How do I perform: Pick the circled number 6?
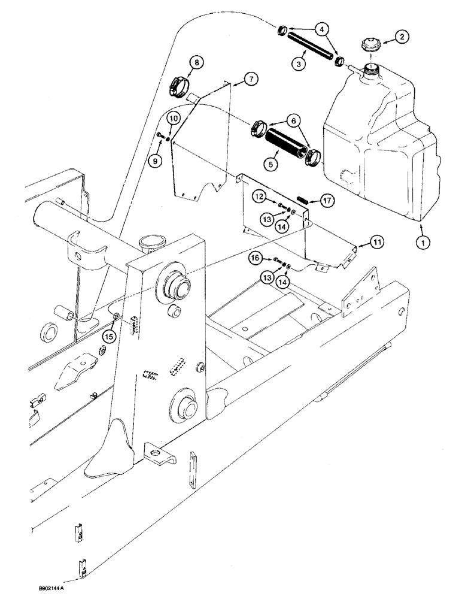tap(296, 120)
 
